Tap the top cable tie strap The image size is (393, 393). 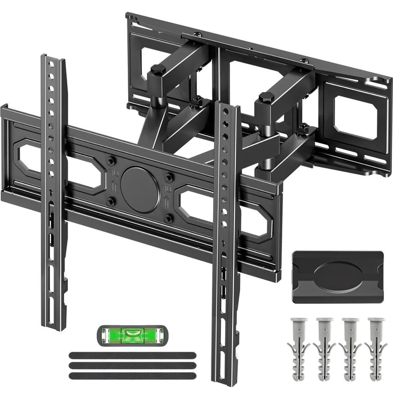[x=132, y=355]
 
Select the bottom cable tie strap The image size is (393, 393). [x=132, y=375]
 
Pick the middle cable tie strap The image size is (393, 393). [x=132, y=365]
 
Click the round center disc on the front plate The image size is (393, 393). [x=140, y=189]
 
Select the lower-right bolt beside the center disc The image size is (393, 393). [x=168, y=218]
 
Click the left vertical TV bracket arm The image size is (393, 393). [x=53, y=190]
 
